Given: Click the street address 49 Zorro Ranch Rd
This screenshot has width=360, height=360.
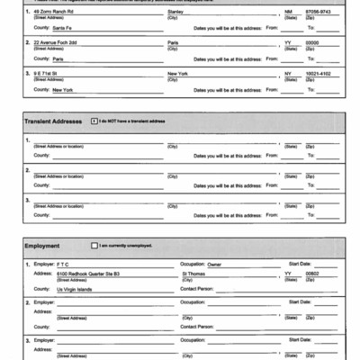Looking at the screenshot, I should [x=56, y=11].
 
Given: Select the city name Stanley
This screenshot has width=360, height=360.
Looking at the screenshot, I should [x=176, y=11].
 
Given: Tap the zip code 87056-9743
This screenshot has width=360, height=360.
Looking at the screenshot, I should [x=319, y=11].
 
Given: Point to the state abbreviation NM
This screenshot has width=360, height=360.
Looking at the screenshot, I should [x=289, y=11].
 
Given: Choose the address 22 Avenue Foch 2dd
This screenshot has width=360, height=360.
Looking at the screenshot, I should [x=56, y=42].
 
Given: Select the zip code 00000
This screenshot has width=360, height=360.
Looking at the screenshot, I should [x=312, y=42].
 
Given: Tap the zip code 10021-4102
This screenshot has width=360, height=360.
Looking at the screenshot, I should [x=319, y=74].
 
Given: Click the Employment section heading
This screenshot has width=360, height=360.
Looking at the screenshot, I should [x=42, y=245].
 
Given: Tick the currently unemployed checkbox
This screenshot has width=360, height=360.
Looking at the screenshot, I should [x=94, y=245].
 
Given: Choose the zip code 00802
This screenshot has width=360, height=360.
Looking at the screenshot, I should [x=312, y=274].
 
